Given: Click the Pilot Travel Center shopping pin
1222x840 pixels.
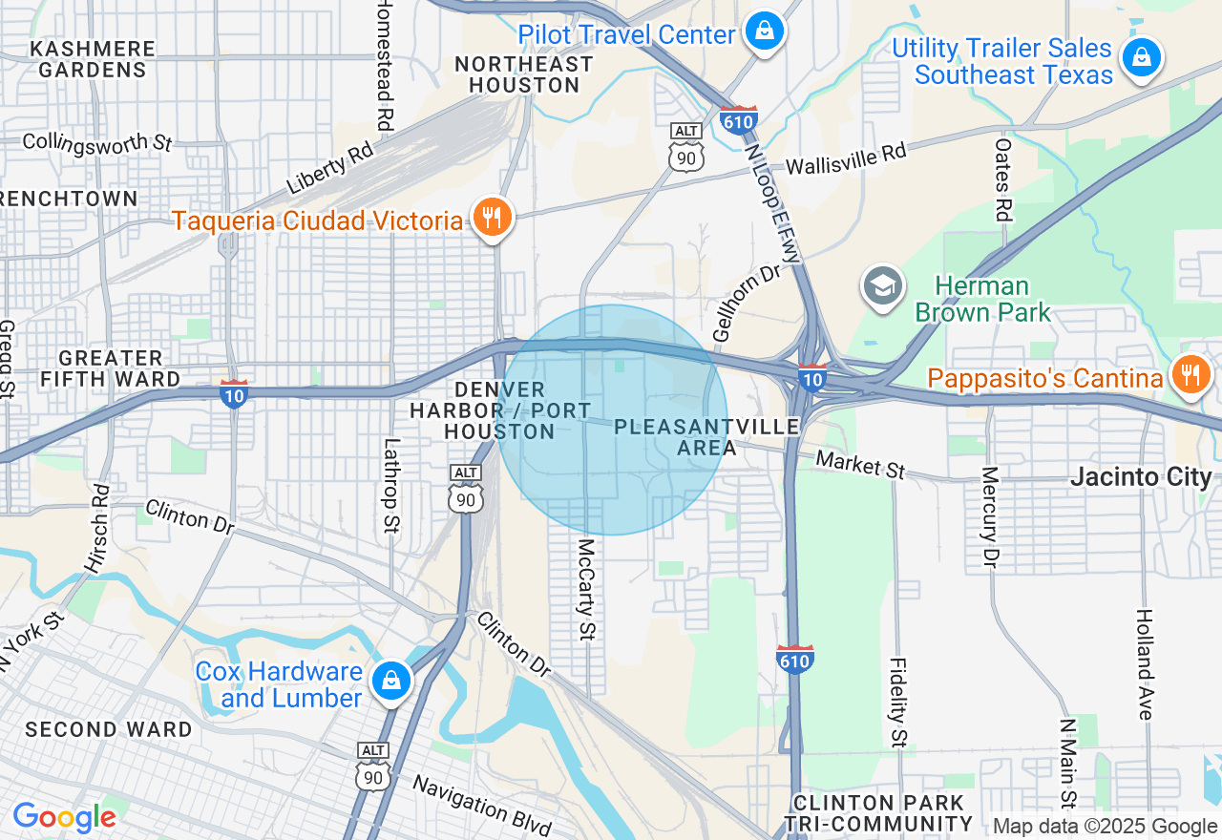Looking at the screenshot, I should coord(765,31).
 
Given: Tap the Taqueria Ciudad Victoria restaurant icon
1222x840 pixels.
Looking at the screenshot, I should coord(492,218).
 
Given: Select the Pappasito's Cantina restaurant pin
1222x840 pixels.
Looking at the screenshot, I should coord(1190,375).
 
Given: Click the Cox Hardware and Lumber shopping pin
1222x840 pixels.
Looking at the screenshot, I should coord(390,682).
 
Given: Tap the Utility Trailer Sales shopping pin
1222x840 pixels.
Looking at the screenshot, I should coord(1141,58).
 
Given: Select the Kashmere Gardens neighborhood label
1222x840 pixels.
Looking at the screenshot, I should coord(92,59).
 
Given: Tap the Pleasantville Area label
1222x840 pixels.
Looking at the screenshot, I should coord(706,437).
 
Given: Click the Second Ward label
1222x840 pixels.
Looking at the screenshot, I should coord(109,730).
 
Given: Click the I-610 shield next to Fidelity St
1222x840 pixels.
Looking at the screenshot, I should coord(794,660).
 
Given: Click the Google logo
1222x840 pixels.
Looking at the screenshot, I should coord(64,817).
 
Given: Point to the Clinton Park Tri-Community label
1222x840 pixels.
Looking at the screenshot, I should coord(878,813).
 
